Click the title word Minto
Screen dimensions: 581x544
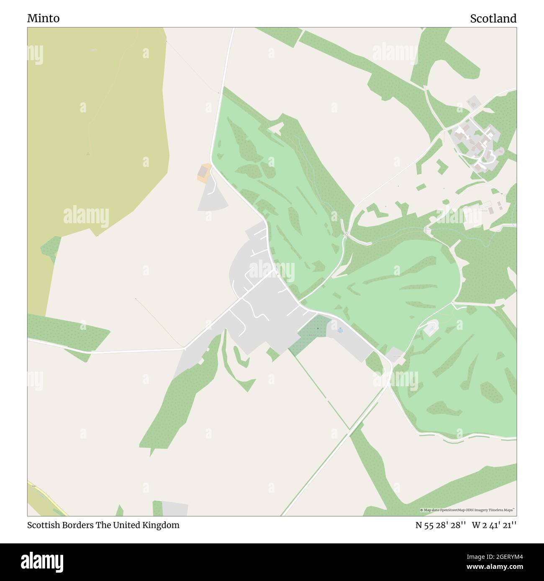click(x=43, y=18)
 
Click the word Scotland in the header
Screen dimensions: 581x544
click(x=493, y=18)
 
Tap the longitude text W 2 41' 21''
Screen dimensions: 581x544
click(x=494, y=525)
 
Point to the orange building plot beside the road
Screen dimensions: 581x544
click(x=204, y=173)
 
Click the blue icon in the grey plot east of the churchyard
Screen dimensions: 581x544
click(x=340, y=329)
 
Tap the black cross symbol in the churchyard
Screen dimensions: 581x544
click(x=318, y=329)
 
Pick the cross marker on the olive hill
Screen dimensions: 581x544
click(x=87, y=154)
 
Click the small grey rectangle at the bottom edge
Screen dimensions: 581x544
click(x=174, y=508)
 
